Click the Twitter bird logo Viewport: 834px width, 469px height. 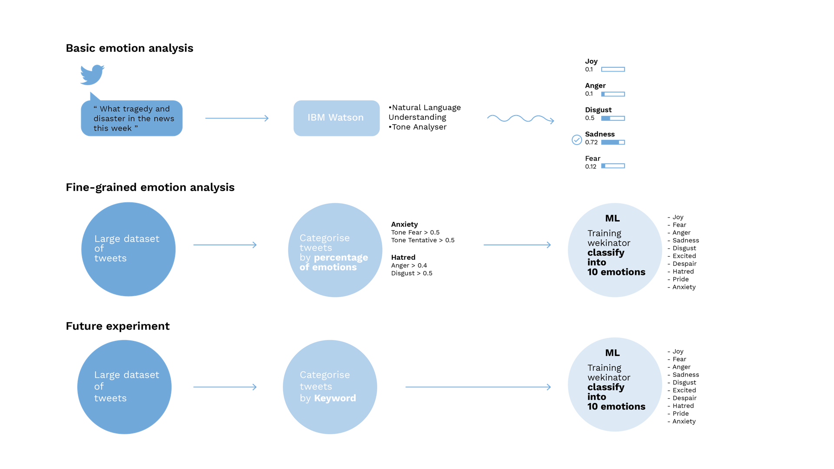92,75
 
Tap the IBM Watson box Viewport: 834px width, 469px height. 337,118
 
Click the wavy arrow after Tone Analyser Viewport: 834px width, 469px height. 520,119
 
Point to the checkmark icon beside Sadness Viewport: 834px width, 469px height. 577,139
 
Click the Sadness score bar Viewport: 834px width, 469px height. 613,142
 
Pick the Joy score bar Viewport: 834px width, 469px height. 613,69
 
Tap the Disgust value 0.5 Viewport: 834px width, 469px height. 590,118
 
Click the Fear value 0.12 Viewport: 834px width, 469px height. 591,167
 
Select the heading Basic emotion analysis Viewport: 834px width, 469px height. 129,48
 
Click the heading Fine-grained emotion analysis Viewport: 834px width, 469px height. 150,187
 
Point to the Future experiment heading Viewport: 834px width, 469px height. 118,326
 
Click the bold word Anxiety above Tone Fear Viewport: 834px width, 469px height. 404,225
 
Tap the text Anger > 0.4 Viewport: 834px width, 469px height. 409,265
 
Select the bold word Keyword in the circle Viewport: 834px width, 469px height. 335,398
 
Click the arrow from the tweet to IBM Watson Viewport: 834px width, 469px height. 237,118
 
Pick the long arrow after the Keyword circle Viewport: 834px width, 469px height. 478,387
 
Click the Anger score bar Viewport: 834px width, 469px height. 613,94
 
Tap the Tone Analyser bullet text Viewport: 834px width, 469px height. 417,127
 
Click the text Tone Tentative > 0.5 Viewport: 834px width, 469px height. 423,240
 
